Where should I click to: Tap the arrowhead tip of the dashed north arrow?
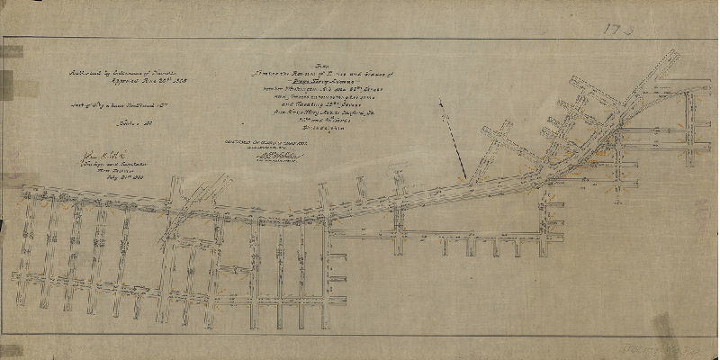(464, 177)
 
